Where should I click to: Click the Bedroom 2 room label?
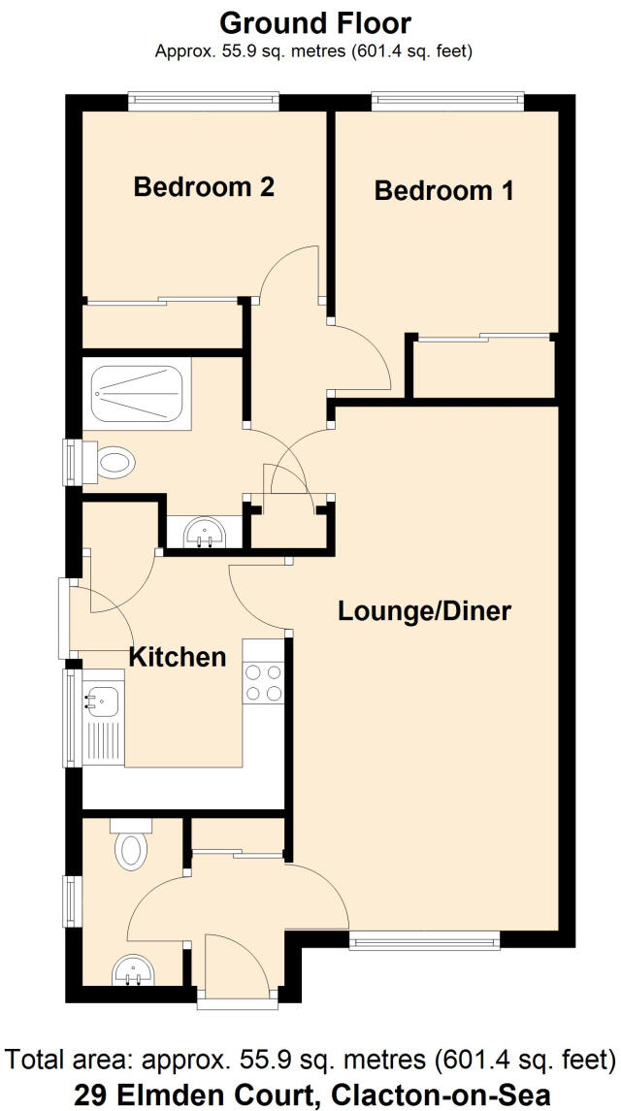click(x=204, y=186)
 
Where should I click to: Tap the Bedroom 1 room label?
click(x=443, y=190)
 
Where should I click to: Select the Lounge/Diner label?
click(x=424, y=611)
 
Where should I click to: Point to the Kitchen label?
click(x=178, y=657)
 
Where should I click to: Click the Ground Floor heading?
click(x=315, y=22)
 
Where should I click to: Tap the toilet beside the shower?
click(x=110, y=462)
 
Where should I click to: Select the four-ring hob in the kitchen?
click(x=264, y=681)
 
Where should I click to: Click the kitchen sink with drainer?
click(x=101, y=719)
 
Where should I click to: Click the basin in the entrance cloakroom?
click(x=130, y=969)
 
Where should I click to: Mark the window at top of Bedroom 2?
click(x=203, y=101)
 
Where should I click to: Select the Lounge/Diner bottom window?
click(x=424, y=939)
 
